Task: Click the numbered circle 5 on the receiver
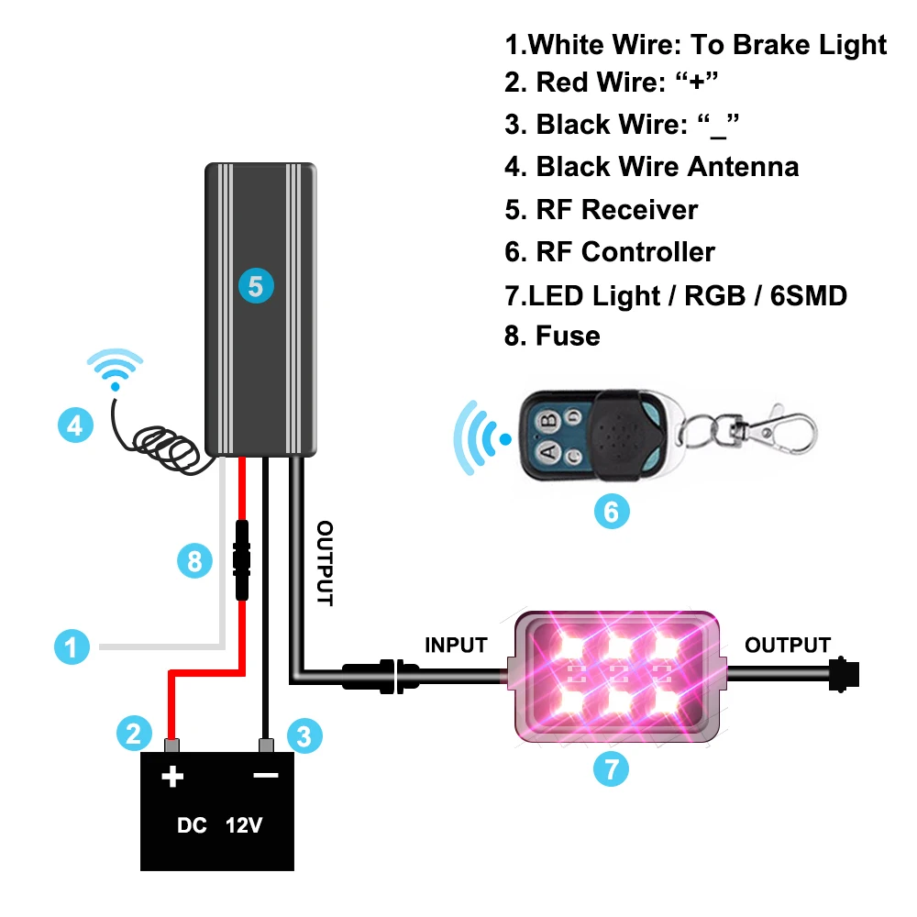point(256,286)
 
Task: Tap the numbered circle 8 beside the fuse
point(194,560)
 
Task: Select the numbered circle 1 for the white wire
point(72,647)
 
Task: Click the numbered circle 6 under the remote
point(612,511)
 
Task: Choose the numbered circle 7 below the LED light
point(612,768)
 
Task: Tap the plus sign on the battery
point(172,778)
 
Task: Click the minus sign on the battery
point(266,776)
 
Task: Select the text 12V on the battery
point(244,825)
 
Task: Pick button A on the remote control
point(547,450)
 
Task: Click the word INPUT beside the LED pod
point(456,646)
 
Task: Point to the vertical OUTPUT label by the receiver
point(326,563)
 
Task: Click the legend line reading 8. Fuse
point(552,336)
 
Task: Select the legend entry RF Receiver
point(601,209)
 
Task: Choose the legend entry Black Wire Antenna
point(651,167)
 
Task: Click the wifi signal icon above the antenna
point(116,369)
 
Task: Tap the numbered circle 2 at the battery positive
point(134,733)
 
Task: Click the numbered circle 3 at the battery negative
point(304,735)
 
